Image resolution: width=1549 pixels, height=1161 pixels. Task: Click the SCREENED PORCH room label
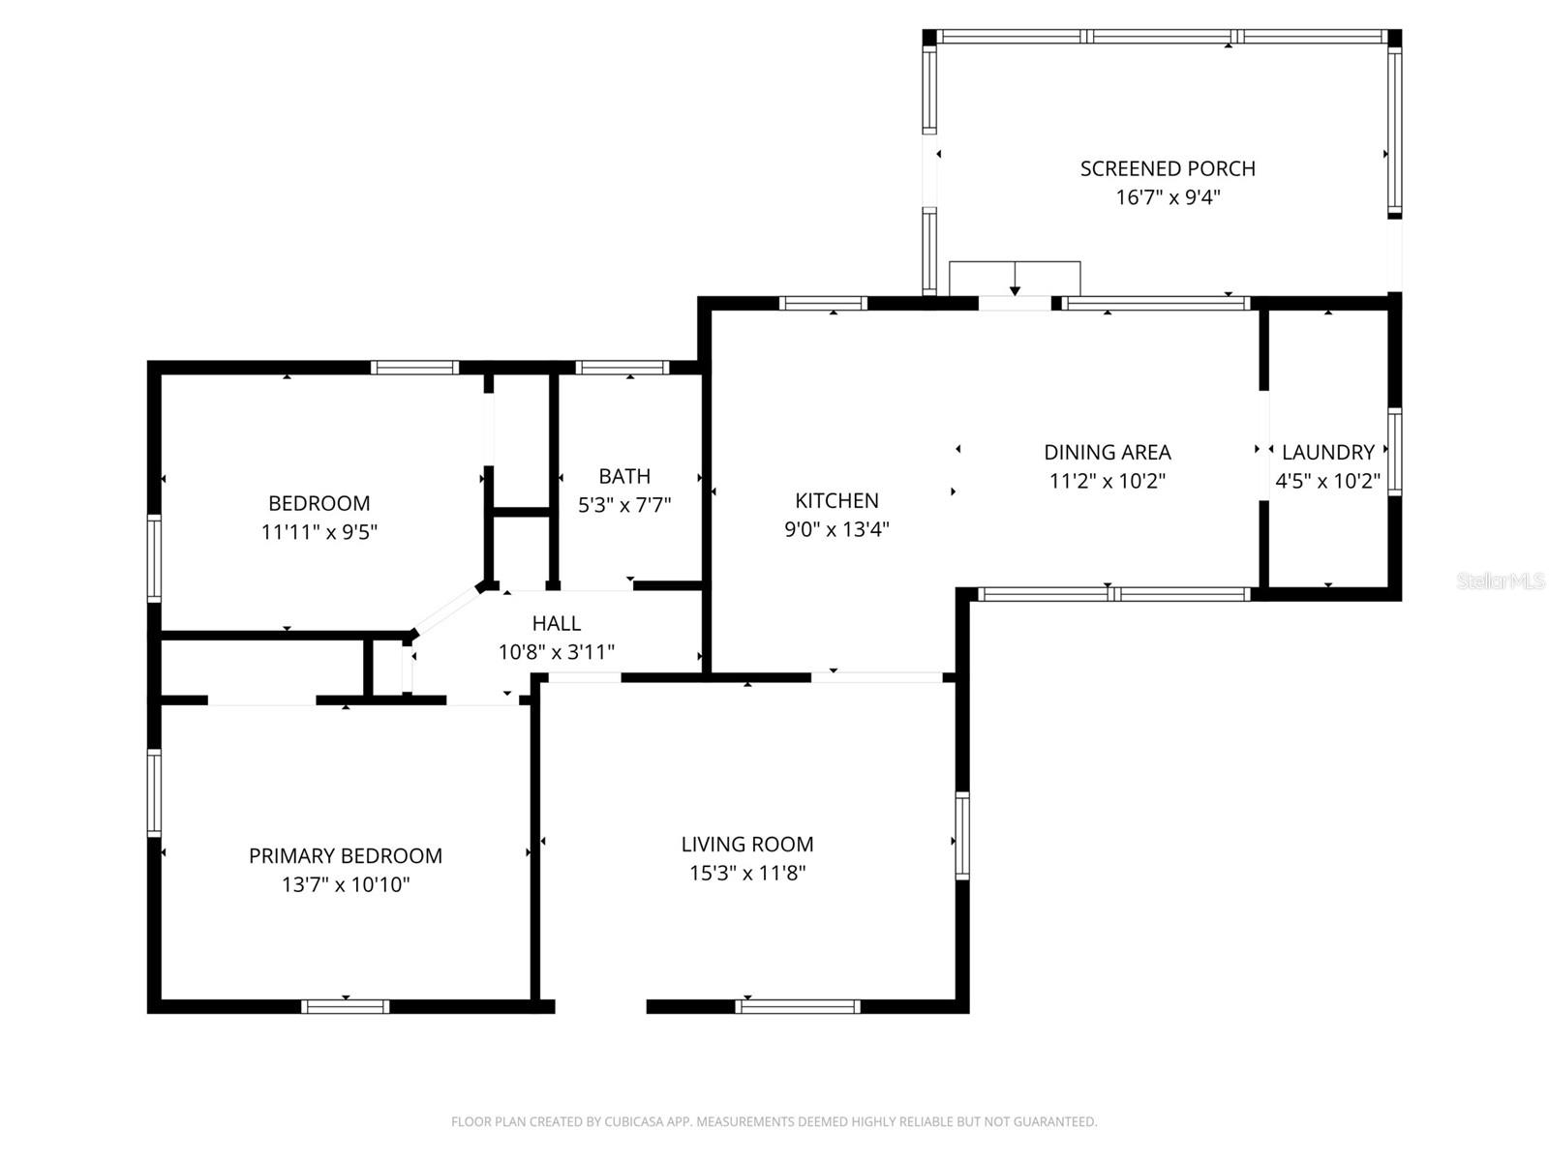click(1168, 168)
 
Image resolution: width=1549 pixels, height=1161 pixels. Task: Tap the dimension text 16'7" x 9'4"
click(1168, 197)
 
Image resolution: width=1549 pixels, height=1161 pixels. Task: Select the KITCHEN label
click(836, 500)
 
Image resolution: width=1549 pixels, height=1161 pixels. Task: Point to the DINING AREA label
click(1107, 452)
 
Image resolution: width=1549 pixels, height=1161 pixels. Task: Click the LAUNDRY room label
click(1327, 452)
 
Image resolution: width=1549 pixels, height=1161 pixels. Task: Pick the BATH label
click(624, 476)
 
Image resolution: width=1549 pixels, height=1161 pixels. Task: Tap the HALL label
click(556, 623)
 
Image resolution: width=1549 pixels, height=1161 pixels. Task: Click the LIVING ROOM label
click(746, 844)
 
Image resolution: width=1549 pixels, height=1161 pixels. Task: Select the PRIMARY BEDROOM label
click(346, 855)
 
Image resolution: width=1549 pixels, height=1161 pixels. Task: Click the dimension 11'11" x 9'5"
click(319, 531)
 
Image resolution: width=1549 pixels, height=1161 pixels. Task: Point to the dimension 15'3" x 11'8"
click(746, 873)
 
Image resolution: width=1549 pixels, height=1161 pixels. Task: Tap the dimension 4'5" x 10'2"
click(1327, 481)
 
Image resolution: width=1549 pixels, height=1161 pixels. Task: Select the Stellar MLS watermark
click(1500, 580)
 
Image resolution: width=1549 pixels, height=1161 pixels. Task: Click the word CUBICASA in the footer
click(635, 1122)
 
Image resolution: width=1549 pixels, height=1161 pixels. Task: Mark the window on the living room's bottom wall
click(798, 1006)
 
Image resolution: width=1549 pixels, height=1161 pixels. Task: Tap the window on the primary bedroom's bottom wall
click(346, 1006)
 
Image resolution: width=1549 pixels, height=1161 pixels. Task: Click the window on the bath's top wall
click(623, 368)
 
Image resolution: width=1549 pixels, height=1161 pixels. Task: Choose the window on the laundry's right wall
click(1394, 453)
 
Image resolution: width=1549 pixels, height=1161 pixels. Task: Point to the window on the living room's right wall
click(961, 835)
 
